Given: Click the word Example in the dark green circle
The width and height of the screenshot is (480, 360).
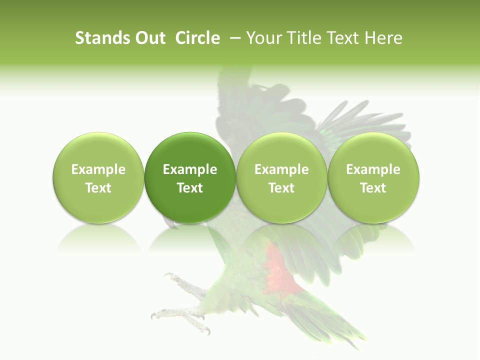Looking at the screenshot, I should pyautogui.click(x=190, y=169).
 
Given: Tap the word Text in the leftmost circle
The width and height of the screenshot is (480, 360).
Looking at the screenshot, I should pyautogui.click(x=98, y=188).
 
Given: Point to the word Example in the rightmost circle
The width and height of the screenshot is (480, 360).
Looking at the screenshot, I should pyautogui.click(x=373, y=169).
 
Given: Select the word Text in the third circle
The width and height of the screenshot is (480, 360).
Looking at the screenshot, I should pyautogui.click(x=281, y=188).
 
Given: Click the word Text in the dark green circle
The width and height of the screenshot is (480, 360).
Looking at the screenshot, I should pyautogui.click(x=190, y=188).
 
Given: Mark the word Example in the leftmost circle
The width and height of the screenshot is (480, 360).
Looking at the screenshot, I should pyautogui.click(x=98, y=169).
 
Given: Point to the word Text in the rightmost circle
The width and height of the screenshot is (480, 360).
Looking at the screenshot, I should pyautogui.click(x=373, y=188).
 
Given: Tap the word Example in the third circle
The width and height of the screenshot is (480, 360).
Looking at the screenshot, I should pyautogui.click(x=281, y=169).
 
